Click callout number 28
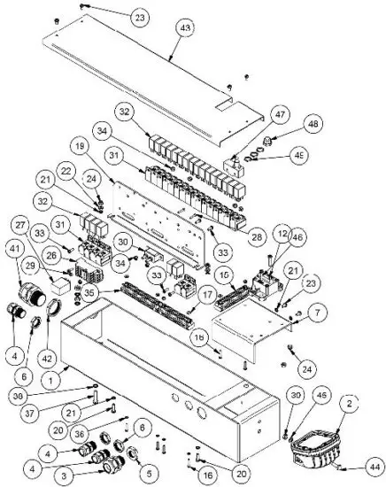258,237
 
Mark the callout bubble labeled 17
205,295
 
